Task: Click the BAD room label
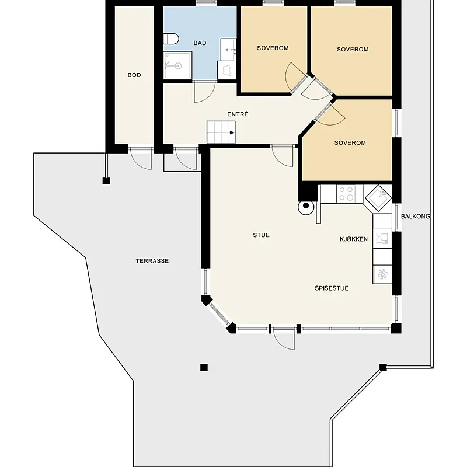click(200, 43)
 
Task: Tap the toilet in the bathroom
click(171, 39)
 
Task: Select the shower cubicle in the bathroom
click(177, 65)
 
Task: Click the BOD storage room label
click(134, 75)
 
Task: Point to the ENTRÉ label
click(238, 114)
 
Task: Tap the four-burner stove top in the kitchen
click(346, 194)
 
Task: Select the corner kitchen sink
click(378, 198)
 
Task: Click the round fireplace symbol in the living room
click(306, 207)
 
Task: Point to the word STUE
click(261, 235)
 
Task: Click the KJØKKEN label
click(354, 239)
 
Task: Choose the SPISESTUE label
click(332, 288)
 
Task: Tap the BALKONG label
click(416, 217)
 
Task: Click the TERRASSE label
click(152, 261)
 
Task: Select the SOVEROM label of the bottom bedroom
click(350, 143)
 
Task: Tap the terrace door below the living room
click(284, 339)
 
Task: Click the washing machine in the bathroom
click(226, 70)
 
